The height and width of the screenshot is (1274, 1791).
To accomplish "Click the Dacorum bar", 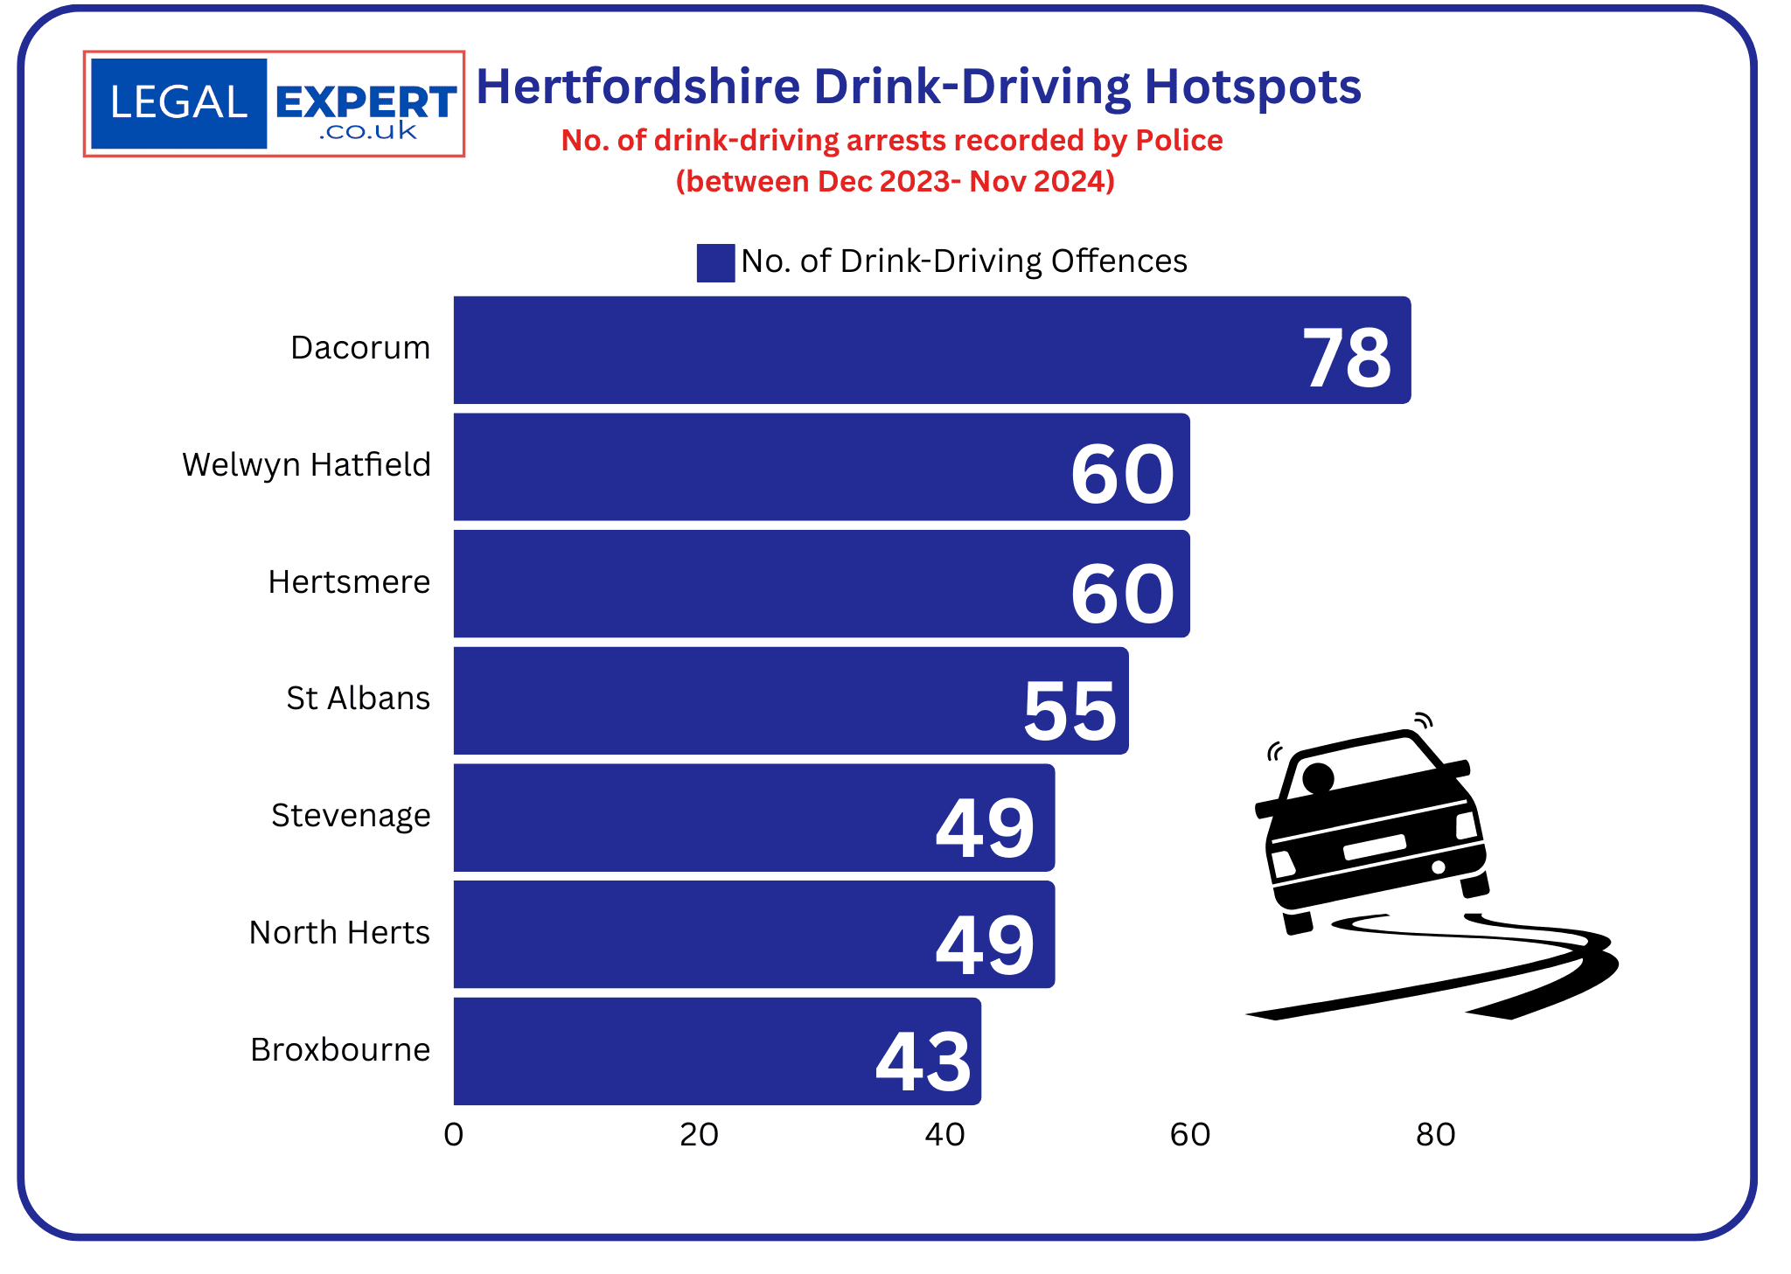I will [x=875, y=350].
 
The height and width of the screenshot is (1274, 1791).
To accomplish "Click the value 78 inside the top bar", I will [x=1346, y=358].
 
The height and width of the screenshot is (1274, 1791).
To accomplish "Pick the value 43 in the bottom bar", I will [x=923, y=1062].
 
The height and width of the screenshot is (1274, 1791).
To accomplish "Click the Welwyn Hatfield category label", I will [x=306, y=464].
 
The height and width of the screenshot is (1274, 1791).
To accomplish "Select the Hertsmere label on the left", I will [x=349, y=581].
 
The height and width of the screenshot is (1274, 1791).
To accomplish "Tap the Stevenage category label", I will [x=351, y=815].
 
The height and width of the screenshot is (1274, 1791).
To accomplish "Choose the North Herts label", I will [x=339, y=932].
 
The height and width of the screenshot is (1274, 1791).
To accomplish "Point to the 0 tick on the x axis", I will [x=453, y=1134].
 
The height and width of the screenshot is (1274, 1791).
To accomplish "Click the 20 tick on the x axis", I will [x=699, y=1134].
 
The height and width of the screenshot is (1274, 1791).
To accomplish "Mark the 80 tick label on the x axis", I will [x=1435, y=1134].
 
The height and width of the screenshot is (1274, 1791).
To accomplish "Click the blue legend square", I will [x=715, y=262].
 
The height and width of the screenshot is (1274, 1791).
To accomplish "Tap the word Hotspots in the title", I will [x=1252, y=87].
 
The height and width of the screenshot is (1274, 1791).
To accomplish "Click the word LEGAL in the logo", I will [x=178, y=102].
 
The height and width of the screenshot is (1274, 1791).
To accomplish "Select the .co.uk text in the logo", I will [x=368, y=131].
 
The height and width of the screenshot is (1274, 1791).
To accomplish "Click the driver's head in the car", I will [x=1318, y=776].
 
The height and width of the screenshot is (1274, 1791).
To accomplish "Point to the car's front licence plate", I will [x=1375, y=846].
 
